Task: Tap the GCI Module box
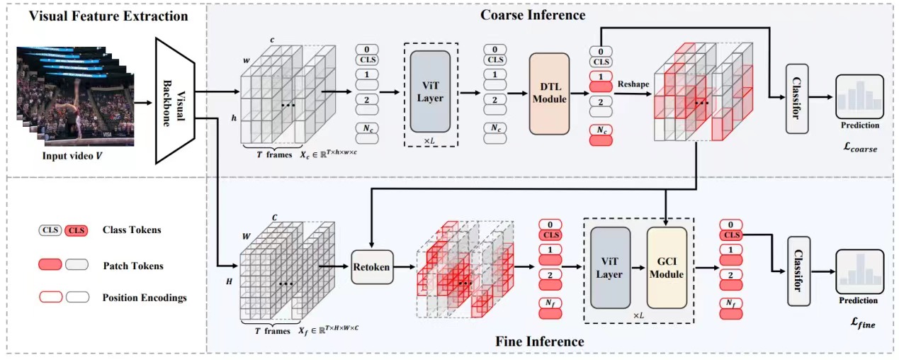666,268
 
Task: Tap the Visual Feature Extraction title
108,16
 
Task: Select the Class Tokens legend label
132,230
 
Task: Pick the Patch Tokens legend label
132,266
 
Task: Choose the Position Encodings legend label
145,298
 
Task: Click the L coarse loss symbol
859,147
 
